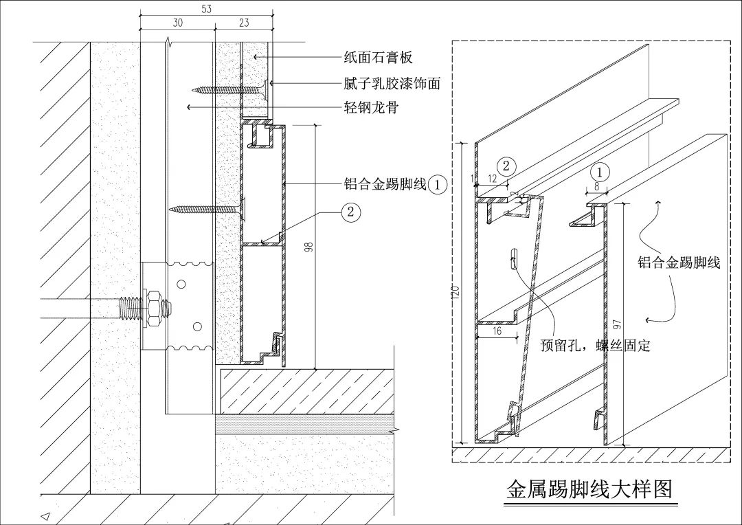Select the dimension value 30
177,23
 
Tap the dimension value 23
244,23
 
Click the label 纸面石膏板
378,58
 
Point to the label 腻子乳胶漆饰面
392,83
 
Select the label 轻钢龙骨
370,107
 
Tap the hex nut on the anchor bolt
155,307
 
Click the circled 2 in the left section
350,212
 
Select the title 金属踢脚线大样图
589,489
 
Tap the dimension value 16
497,331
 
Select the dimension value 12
492,179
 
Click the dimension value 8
596,186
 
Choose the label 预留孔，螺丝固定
595,346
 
